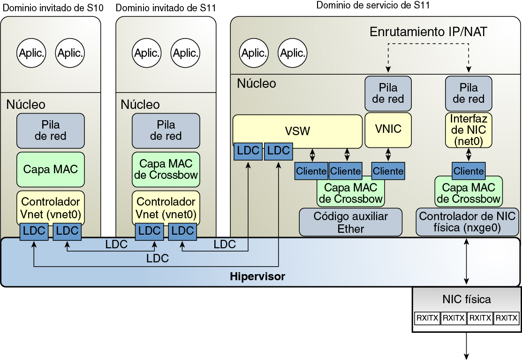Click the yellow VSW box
click(298, 131)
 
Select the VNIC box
click(388, 129)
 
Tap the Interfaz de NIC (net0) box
click(469, 129)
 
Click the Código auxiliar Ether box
click(350, 222)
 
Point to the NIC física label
click(466, 299)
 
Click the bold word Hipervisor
click(257, 276)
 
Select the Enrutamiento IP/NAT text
click(428, 32)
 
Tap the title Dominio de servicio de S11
click(373, 6)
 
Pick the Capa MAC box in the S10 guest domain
click(50, 169)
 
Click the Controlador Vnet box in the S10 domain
click(50, 207)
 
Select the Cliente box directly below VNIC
click(388, 171)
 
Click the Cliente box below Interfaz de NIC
click(469, 171)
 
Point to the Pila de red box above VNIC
click(388, 93)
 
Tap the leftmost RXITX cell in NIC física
click(427, 318)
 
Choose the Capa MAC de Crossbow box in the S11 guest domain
click(166, 169)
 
